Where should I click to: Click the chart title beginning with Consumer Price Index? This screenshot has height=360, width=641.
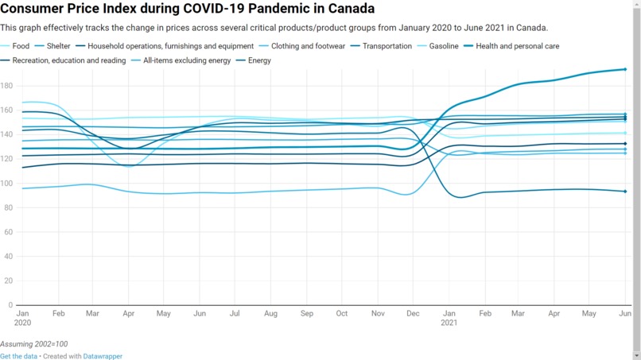click(188, 10)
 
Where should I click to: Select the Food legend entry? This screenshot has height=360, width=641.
click(21, 46)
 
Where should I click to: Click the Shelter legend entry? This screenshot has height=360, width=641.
click(58, 46)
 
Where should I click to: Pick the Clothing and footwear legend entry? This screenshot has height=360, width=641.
click(308, 46)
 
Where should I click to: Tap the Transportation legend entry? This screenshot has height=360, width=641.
click(387, 46)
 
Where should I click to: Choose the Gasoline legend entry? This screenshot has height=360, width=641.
click(443, 46)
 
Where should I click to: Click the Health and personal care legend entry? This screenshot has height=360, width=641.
click(517, 46)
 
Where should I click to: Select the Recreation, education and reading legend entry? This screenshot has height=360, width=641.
click(68, 60)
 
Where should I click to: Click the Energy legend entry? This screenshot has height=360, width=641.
click(259, 60)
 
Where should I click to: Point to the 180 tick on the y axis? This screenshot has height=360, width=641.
click(6, 86)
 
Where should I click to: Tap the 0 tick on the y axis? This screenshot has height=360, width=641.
click(10, 305)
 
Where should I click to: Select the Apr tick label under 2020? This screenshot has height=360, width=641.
click(128, 314)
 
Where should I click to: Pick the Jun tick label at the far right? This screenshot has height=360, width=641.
click(625, 314)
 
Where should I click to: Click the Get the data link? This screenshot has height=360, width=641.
click(18, 356)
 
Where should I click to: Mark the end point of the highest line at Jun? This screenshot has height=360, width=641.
click(625, 69)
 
